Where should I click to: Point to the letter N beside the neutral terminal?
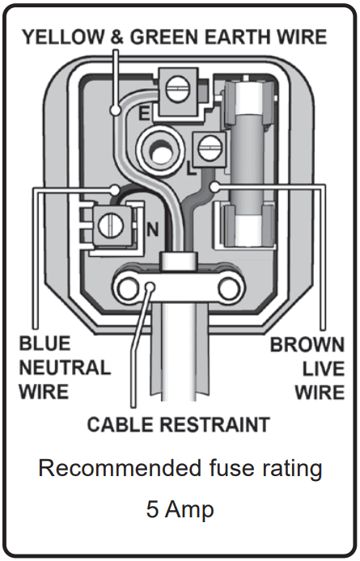click(x=150, y=229)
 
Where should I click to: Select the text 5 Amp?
click(x=180, y=510)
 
